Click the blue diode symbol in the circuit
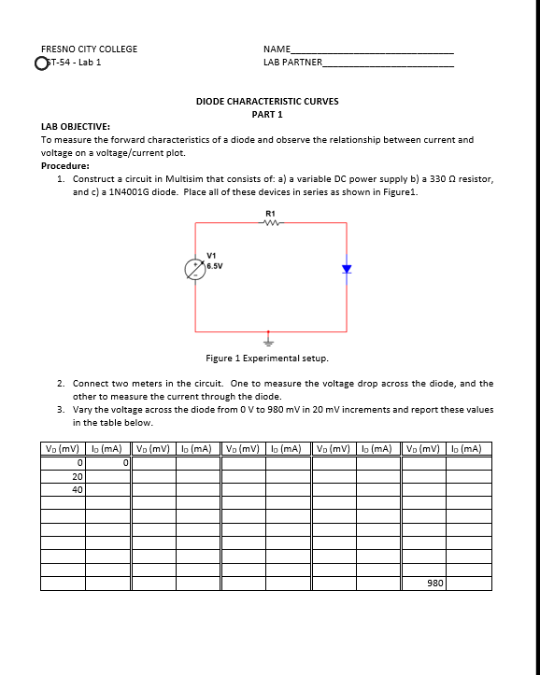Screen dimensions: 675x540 [x=346, y=269]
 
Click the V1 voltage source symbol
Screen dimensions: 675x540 [x=195, y=267]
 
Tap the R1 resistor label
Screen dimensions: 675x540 [x=271, y=214]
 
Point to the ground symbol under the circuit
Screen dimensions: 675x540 [x=270, y=339]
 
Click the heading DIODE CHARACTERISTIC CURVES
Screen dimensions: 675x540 [x=267, y=101]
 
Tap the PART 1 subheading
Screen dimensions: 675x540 [x=267, y=114]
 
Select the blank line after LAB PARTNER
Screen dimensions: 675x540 [x=388, y=64]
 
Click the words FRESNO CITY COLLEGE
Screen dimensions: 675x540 [x=89, y=49]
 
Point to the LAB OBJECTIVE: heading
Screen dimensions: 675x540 [x=76, y=126]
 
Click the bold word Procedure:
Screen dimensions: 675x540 [x=65, y=165]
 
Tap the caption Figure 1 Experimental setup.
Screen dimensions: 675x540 [x=267, y=358]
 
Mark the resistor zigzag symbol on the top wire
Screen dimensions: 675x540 [x=271, y=222]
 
